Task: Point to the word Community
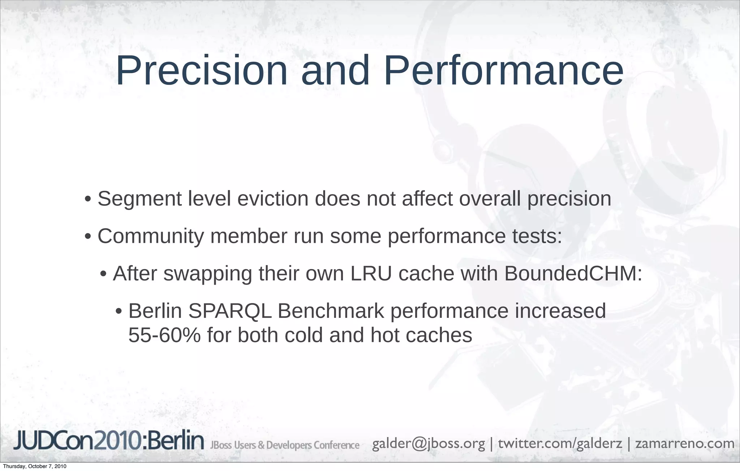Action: coord(151,236)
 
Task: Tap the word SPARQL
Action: coord(230,311)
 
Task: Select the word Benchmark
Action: coord(331,311)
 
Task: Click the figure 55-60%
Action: coord(164,336)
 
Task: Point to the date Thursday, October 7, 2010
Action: coord(35,467)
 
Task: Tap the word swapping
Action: coord(208,274)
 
